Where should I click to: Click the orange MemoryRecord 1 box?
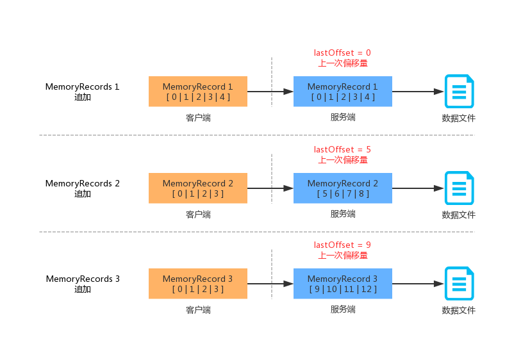pos(198,92)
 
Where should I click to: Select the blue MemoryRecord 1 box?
pos(343,92)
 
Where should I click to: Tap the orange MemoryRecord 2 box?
pos(198,188)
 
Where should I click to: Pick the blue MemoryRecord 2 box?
pos(343,188)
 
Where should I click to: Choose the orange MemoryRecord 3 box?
pos(198,284)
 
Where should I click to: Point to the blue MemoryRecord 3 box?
pos(343,284)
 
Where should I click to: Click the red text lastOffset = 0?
pos(342,53)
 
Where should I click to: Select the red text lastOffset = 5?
pos(342,149)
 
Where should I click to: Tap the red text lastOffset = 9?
pos(342,245)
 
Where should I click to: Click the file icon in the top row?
pos(460,92)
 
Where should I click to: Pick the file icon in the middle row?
pos(460,188)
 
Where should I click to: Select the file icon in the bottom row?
pos(460,284)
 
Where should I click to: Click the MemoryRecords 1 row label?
pos(82,92)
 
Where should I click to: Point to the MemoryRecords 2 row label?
pos(82,188)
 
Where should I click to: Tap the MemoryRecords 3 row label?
pos(83,284)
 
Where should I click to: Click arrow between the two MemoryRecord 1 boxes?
pos(270,92)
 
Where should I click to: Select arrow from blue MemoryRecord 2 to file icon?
pos(419,188)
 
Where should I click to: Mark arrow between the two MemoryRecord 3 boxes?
pos(270,284)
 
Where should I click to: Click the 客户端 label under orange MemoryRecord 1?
pos(198,118)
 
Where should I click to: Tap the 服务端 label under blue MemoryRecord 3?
pos(343,309)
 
